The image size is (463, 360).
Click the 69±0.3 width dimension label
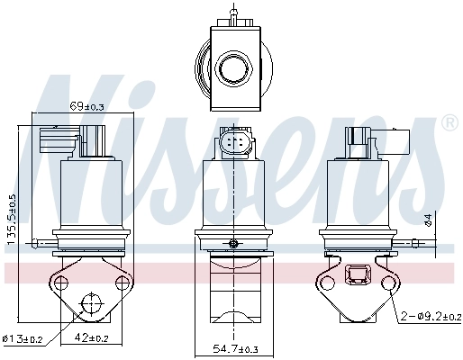click(86, 107)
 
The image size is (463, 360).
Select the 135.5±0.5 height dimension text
click(13, 220)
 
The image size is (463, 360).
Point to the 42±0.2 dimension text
click(92, 338)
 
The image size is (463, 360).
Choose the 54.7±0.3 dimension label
click(235, 348)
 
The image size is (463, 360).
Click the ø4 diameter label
click(429, 218)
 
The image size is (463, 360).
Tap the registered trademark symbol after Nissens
click(449, 122)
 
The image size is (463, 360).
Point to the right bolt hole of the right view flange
click(390, 283)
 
